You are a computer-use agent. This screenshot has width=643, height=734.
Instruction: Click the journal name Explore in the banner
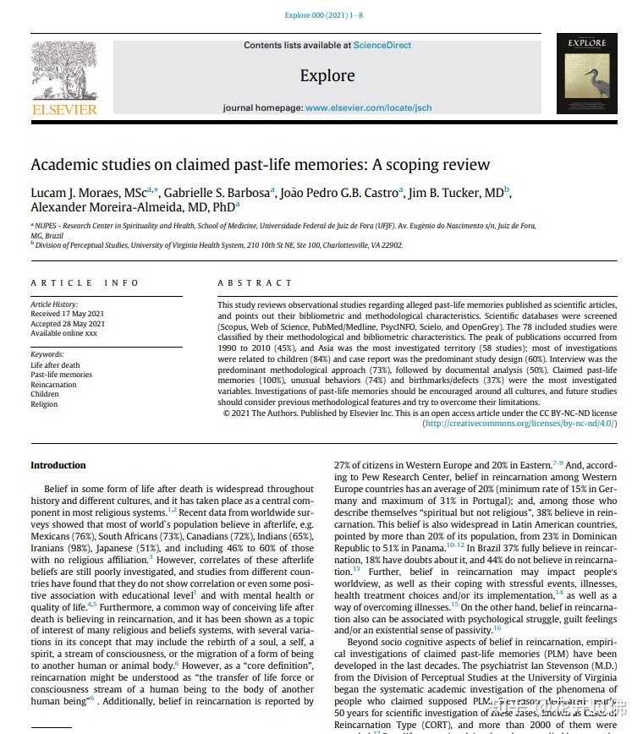click(x=327, y=76)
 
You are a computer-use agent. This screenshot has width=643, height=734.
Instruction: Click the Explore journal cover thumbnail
click(x=586, y=74)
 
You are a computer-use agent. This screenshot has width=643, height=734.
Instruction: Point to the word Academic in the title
click(x=67, y=165)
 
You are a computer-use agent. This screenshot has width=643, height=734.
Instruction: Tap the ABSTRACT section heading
click(x=255, y=282)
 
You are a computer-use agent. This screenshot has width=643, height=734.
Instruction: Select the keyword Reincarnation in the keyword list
click(x=53, y=385)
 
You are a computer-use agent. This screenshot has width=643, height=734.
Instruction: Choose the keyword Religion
click(x=44, y=404)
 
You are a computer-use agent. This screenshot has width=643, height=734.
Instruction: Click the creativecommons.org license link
click(x=519, y=423)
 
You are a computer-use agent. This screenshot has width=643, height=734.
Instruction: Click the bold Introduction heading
click(x=58, y=465)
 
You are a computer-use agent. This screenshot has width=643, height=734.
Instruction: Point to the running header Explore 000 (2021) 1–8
click(x=325, y=15)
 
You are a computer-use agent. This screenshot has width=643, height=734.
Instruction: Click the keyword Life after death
click(x=57, y=365)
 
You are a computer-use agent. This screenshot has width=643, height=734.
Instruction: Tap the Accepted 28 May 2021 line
click(x=68, y=324)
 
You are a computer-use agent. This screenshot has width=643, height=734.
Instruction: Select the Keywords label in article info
click(x=47, y=354)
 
